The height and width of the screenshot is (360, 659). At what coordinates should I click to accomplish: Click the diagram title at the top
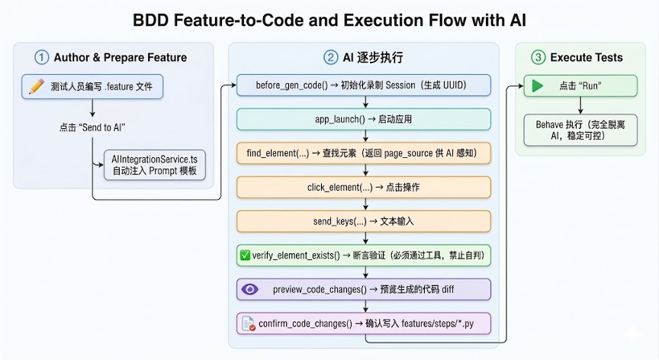[x=329, y=19]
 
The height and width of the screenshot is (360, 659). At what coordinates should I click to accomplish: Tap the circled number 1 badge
[x=41, y=57]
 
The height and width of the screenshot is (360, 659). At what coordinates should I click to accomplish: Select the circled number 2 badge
[x=330, y=57]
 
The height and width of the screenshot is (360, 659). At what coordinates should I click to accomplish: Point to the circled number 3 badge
[x=538, y=57]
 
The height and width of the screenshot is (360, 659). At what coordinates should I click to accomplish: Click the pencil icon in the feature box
[x=36, y=86]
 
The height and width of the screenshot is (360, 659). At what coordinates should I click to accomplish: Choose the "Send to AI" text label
[x=92, y=127]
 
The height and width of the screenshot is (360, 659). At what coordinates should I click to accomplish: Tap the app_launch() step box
[x=363, y=120]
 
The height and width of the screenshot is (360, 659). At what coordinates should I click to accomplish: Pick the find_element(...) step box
[x=363, y=153]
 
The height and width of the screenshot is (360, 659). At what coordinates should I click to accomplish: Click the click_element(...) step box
[x=363, y=188]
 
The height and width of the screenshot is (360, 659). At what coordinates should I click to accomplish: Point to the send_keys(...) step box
[x=363, y=221]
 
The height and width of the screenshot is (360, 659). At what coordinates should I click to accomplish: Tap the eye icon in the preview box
[x=249, y=289]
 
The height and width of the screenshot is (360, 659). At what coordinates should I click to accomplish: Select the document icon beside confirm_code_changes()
[x=249, y=323]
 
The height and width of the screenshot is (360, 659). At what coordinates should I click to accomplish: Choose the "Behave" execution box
[x=580, y=130]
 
